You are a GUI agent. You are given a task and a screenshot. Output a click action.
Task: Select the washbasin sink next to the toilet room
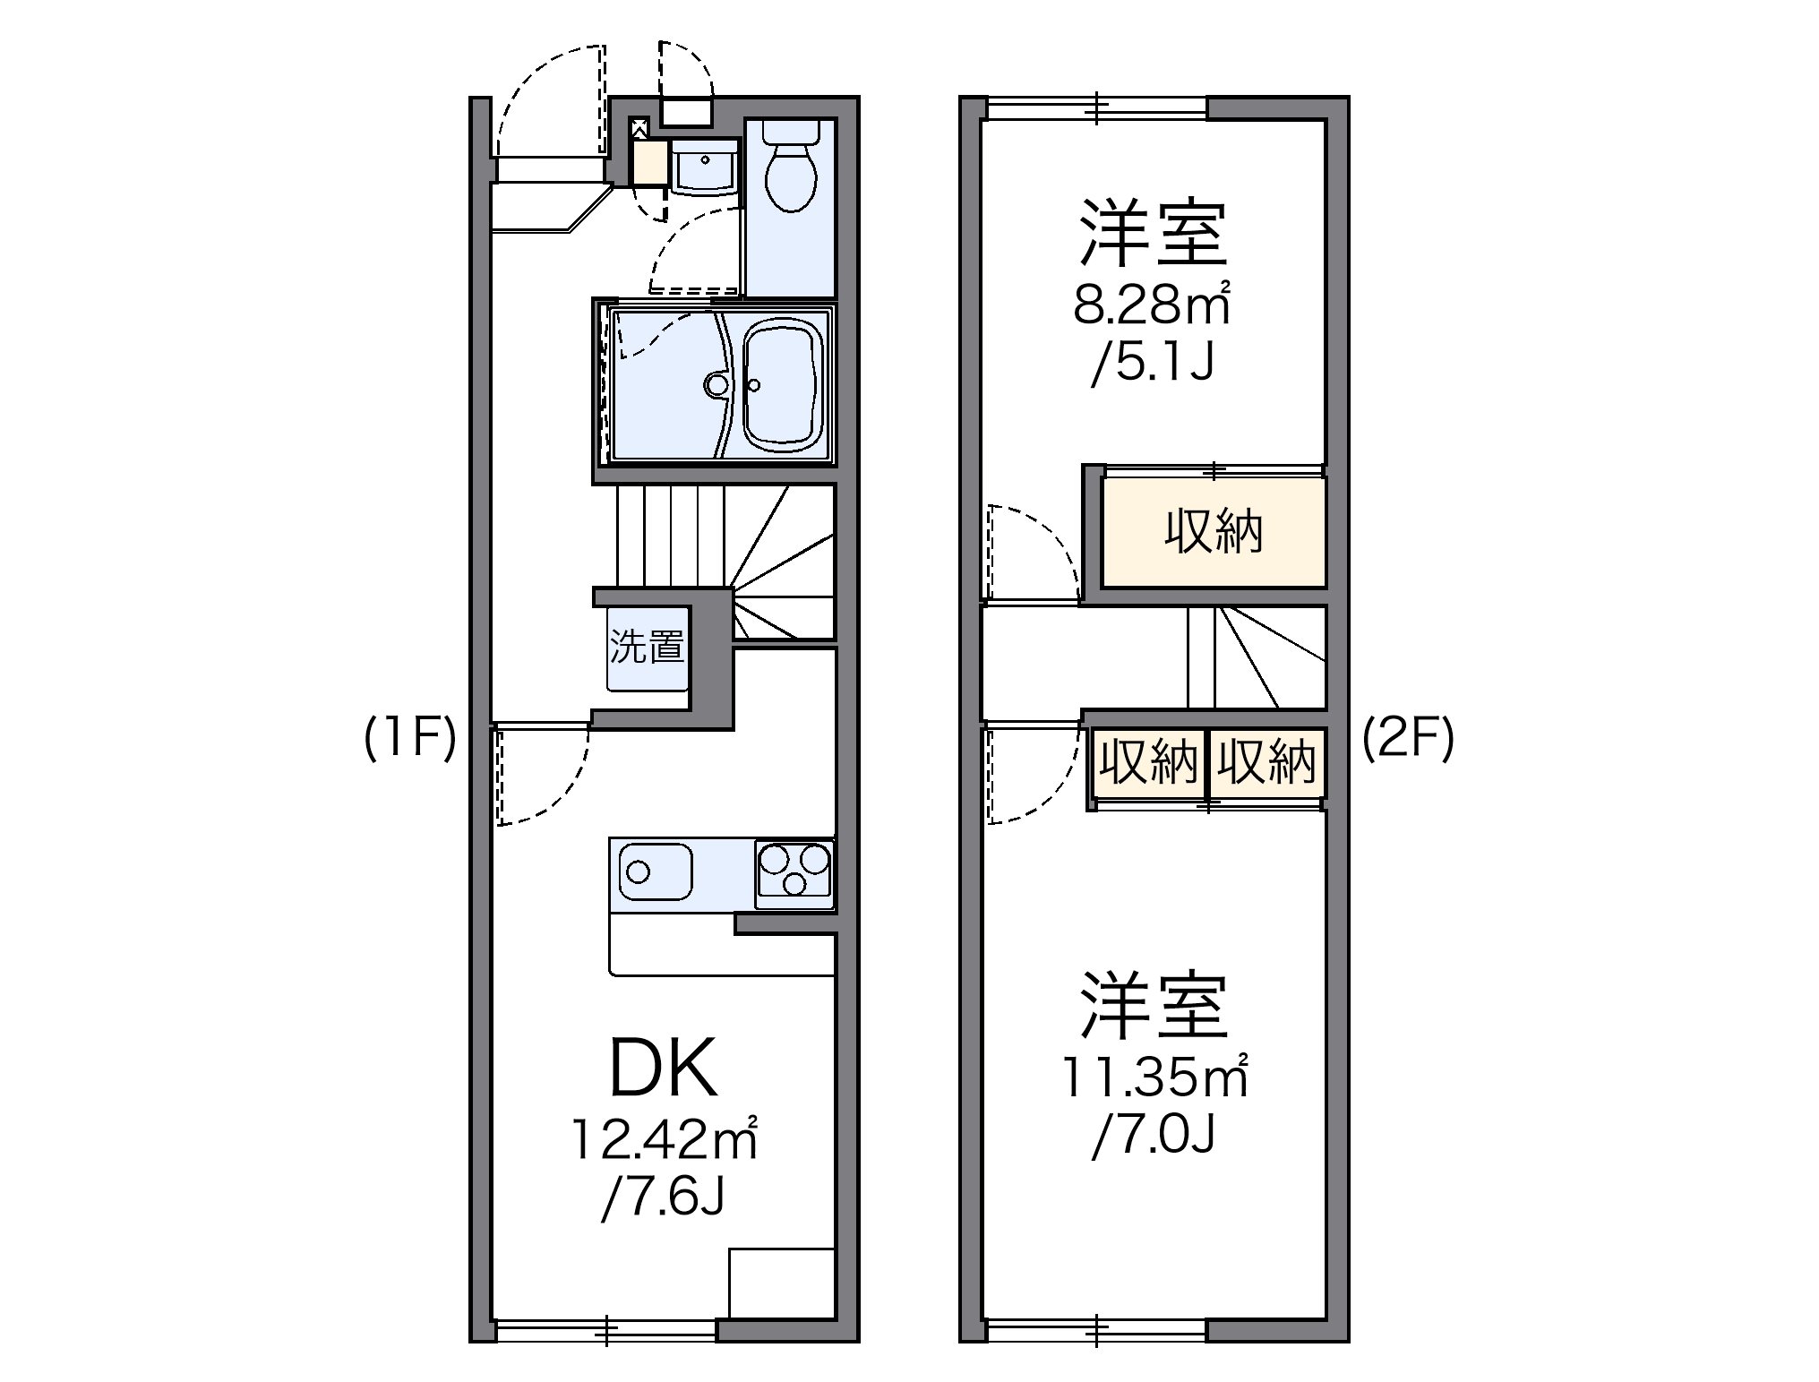pos(704,167)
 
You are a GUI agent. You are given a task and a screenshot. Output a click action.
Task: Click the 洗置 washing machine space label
pos(647,647)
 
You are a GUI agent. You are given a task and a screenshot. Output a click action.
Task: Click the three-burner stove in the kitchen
pos(794,869)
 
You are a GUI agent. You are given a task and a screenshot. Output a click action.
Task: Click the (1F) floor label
pos(410,738)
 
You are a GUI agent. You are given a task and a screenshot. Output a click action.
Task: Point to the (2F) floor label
pos(1408,738)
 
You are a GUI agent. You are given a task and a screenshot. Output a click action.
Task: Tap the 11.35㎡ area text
pos(1154,1077)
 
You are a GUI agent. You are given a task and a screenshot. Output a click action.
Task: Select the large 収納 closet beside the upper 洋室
pos(1214,532)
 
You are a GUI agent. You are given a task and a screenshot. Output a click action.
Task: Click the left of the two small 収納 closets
pos(1148,762)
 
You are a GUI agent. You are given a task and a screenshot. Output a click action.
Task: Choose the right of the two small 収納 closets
pos(1266,762)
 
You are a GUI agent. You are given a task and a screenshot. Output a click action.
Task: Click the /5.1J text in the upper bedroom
pos(1154,364)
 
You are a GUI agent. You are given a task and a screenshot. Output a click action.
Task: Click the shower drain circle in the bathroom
pos(716,385)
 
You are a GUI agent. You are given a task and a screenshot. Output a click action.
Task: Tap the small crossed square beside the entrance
pos(639,126)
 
